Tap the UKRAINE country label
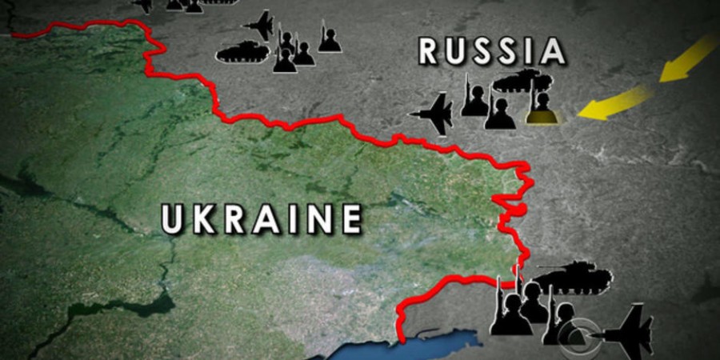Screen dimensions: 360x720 pyautogui.click(x=261, y=218)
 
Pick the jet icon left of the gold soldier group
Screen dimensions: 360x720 pyautogui.click(x=434, y=114)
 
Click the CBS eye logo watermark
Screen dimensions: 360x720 pyautogui.click(x=580, y=334)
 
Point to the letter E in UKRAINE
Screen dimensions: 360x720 pyautogui.click(x=347, y=218)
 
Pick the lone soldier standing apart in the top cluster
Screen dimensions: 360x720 pyautogui.click(x=330, y=40)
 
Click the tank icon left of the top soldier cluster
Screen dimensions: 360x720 pyautogui.click(x=242, y=53)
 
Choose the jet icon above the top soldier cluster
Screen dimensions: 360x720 pyautogui.click(x=262, y=23)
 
